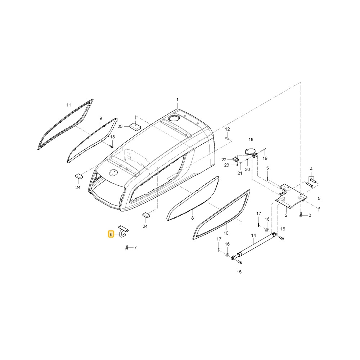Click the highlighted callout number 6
tap(111, 234)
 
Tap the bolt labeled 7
tap(127, 248)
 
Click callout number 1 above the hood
tap(177, 100)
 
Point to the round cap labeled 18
tap(249, 152)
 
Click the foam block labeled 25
tap(135, 127)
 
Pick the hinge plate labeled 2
tap(291, 195)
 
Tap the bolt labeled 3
tap(301, 215)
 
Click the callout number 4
tap(311, 169)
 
